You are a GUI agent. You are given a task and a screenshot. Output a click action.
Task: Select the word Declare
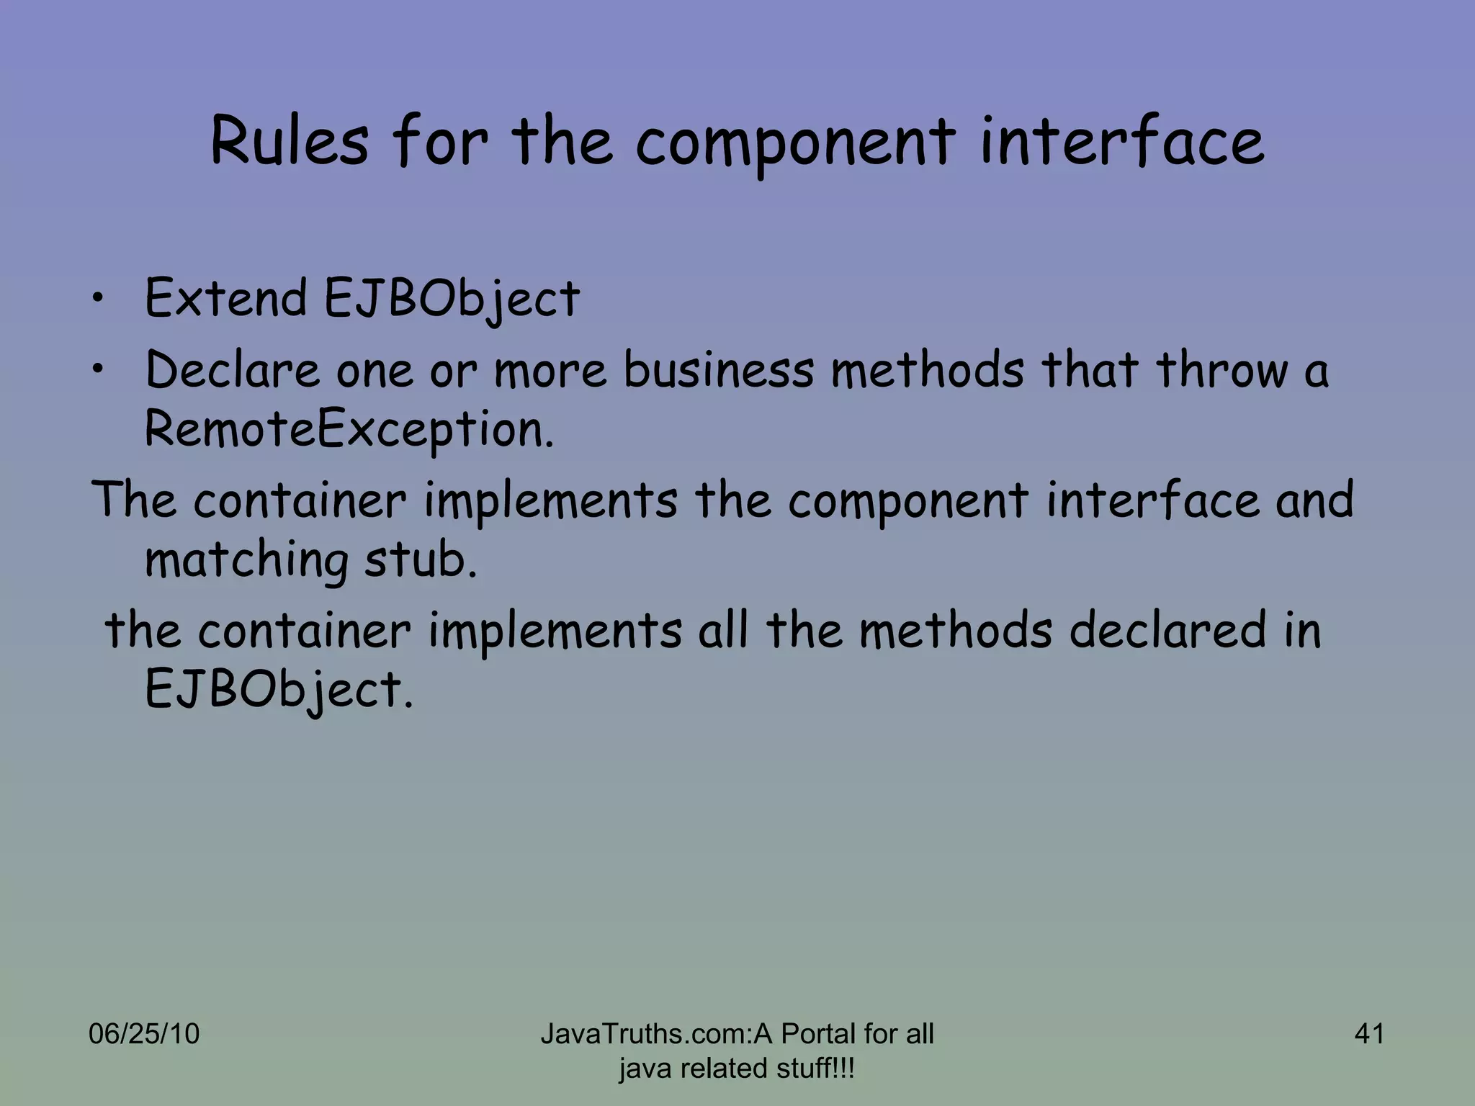pyautogui.click(x=232, y=370)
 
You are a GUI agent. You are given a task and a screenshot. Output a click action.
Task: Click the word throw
pyautogui.click(x=1221, y=370)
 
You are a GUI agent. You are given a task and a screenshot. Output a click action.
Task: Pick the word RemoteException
pyautogui.click(x=349, y=430)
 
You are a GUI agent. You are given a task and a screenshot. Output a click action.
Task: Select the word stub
pyautogui.click(x=421, y=559)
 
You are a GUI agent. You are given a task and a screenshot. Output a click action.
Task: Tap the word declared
pyautogui.click(x=1167, y=630)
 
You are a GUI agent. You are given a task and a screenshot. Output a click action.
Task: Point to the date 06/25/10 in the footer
pyautogui.click(x=144, y=1034)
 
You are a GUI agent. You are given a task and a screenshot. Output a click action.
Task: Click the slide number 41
pyautogui.click(x=1369, y=1034)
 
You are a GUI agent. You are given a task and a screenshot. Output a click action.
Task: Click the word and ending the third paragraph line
pyautogui.click(x=1314, y=500)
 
